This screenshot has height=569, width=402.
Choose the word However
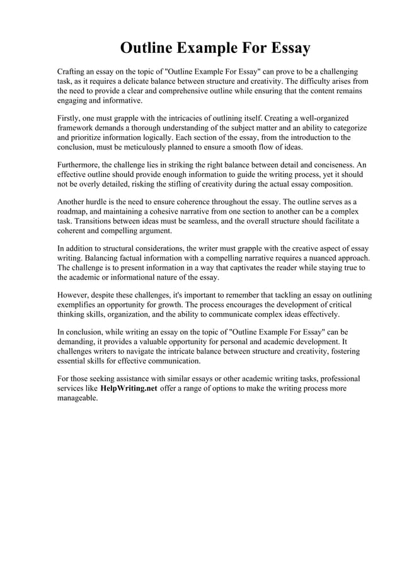pos(75,295)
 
